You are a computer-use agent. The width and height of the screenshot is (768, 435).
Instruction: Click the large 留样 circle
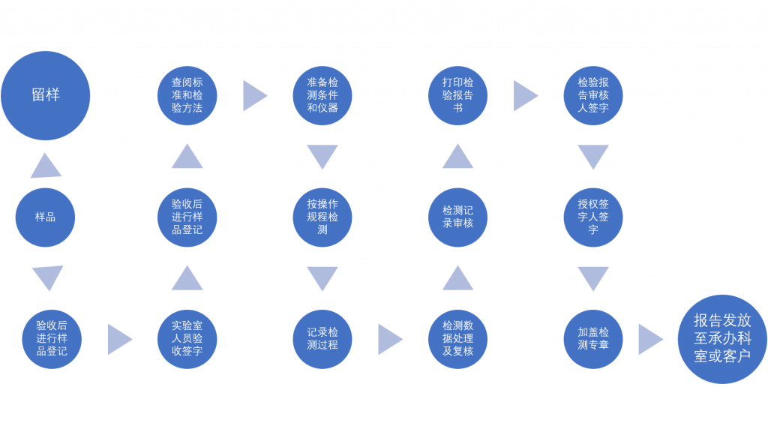click(x=45, y=95)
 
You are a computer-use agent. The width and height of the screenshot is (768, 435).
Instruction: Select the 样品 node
click(x=45, y=217)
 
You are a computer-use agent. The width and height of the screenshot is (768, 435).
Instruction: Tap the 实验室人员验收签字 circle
click(x=187, y=339)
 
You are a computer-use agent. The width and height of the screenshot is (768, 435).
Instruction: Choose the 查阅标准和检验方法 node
click(x=187, y=95)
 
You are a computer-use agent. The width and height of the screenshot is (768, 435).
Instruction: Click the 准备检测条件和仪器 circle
click(x=322, y=95)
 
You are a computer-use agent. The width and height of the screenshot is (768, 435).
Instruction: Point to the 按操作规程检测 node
click(x=322, y=217)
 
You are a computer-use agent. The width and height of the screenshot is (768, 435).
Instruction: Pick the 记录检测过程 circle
click(x=322, y=339)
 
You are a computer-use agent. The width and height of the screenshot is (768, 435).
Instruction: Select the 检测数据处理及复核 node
click(x=457, y=339)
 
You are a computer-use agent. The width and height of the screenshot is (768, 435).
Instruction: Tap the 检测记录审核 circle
click(x=457, y=217)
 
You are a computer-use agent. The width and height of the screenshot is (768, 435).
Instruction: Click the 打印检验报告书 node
click(x=457, y=95)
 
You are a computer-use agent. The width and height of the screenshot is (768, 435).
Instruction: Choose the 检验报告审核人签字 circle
click(x=593, y=95)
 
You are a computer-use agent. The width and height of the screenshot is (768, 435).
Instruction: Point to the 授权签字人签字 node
click(x=593, y=217)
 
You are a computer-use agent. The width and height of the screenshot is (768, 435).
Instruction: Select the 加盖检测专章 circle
click(x=593, y=339)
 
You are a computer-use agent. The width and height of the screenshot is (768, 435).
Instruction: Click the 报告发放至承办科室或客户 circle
click(x=721, y=339)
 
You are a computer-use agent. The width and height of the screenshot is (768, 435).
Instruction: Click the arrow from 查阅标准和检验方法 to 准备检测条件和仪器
click(x=253, y=96)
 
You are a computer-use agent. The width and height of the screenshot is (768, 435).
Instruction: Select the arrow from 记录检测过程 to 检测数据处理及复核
click(x=389, y=340)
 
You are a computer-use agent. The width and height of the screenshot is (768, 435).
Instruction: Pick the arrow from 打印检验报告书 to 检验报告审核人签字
click(x=525, y=96)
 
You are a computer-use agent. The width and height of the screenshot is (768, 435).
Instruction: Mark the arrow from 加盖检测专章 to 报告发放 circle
click(x=649, y=340)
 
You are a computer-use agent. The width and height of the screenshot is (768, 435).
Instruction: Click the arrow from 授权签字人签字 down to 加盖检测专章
click(x=593, y=278)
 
